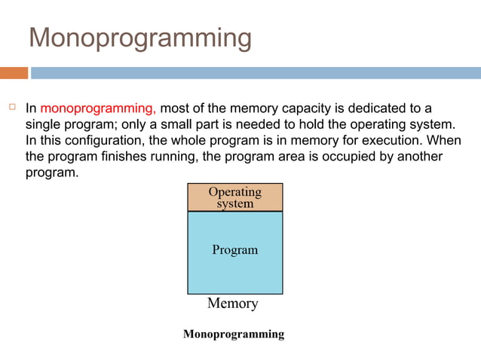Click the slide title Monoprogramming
click(139, 38)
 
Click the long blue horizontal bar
click(256, 73)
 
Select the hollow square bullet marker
click(12, 107)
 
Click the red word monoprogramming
click(99, 108)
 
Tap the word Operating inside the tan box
click(234, 192)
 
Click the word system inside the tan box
click(234, 203)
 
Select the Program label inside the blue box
click(234, 250)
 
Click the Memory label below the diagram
click(232, 304)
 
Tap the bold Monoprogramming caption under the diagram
click(234, 334)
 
